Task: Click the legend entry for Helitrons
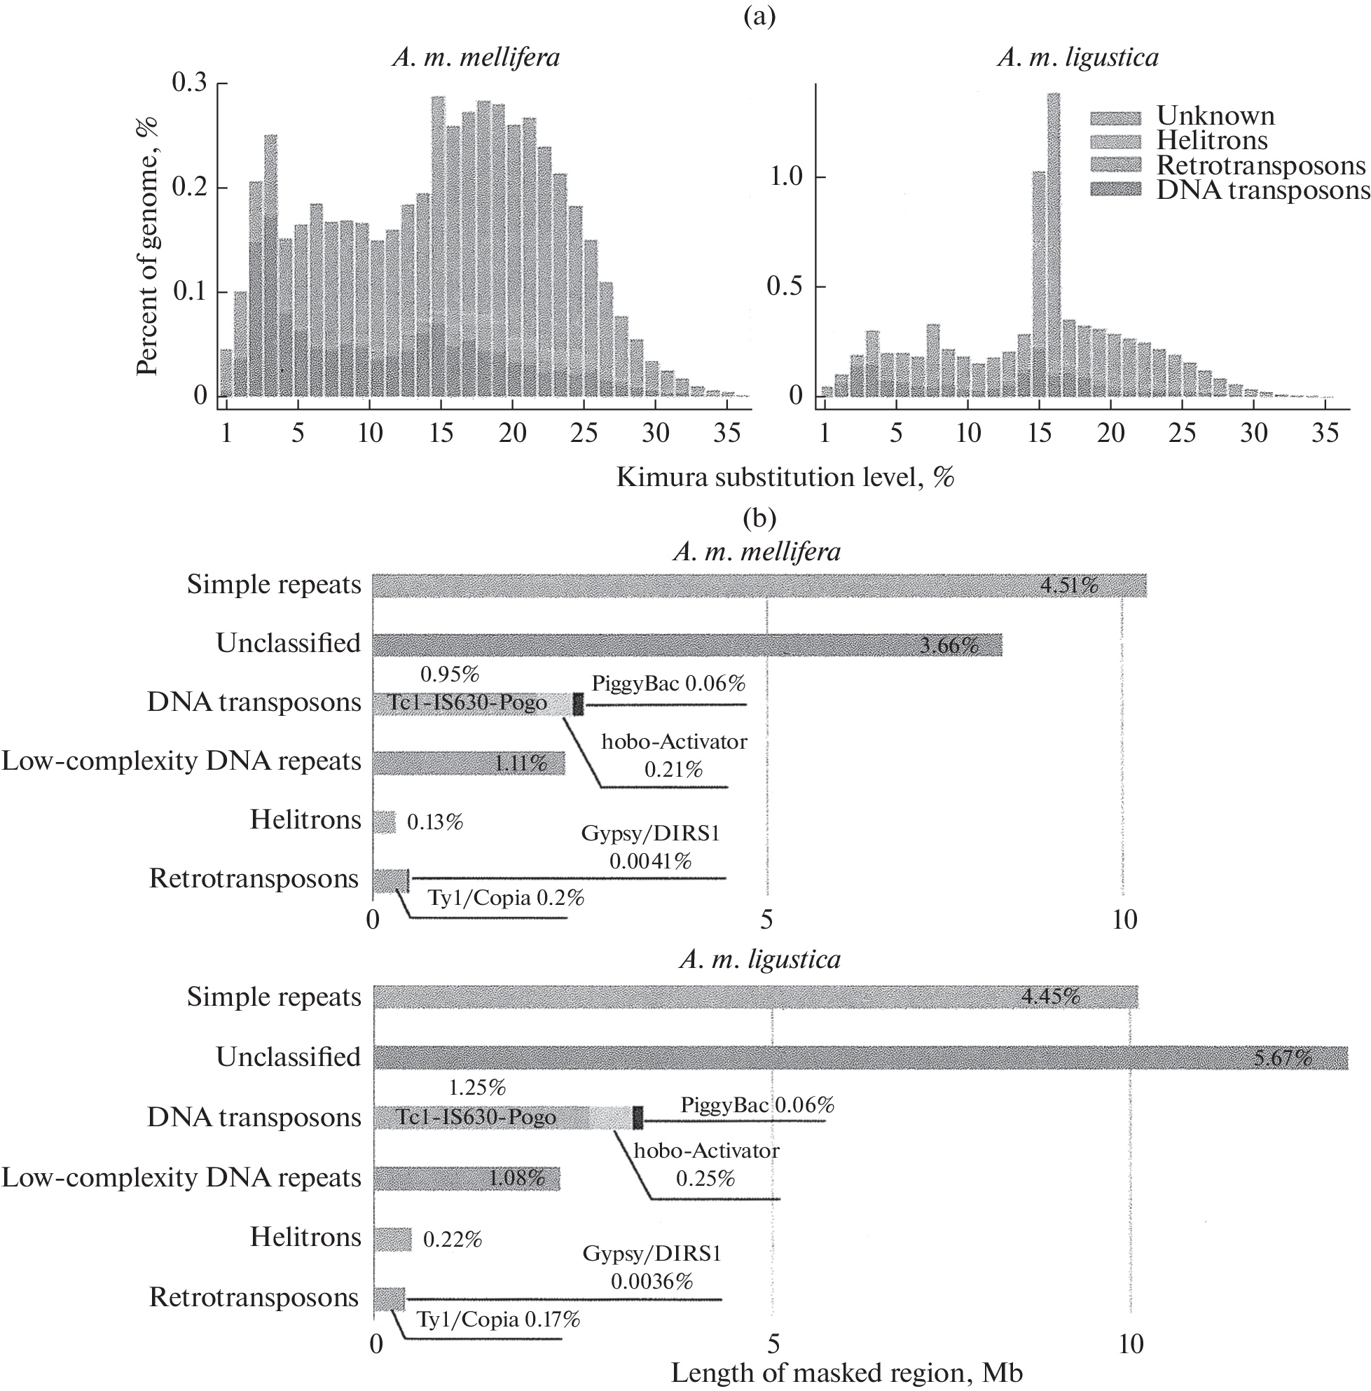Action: (x=1212, y=140)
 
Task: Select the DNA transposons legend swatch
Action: (x=1115, y=190)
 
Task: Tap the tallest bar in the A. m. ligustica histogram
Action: (x=1053, y=245)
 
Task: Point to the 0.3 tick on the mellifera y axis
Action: (x=189, y=83)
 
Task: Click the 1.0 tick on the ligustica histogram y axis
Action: (x=785, y=177)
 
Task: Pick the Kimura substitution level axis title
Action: (x=785, y=477)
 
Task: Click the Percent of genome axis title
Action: (x=148, y=245)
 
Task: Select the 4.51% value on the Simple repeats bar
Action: (x=1069, y=586)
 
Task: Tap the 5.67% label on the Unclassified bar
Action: (x=1283, y=1058)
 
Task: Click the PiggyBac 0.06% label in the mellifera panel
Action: (x=668, y=684)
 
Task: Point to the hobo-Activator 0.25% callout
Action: (x=705, y=1164)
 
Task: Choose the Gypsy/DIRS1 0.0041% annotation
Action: (x=650, y=847)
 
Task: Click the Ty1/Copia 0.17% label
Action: (x=498, y=1319)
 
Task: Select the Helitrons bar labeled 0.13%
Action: (x=384, y=822)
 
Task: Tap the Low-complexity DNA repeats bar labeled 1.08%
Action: (x=467, y=1179)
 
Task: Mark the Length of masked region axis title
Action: (x=846, y=1373)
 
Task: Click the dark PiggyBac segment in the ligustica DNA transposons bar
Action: (x=638, y=1117)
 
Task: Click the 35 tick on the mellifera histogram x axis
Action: (x=726, y=433)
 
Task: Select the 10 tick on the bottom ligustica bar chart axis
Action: (x=1131, y=1344)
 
